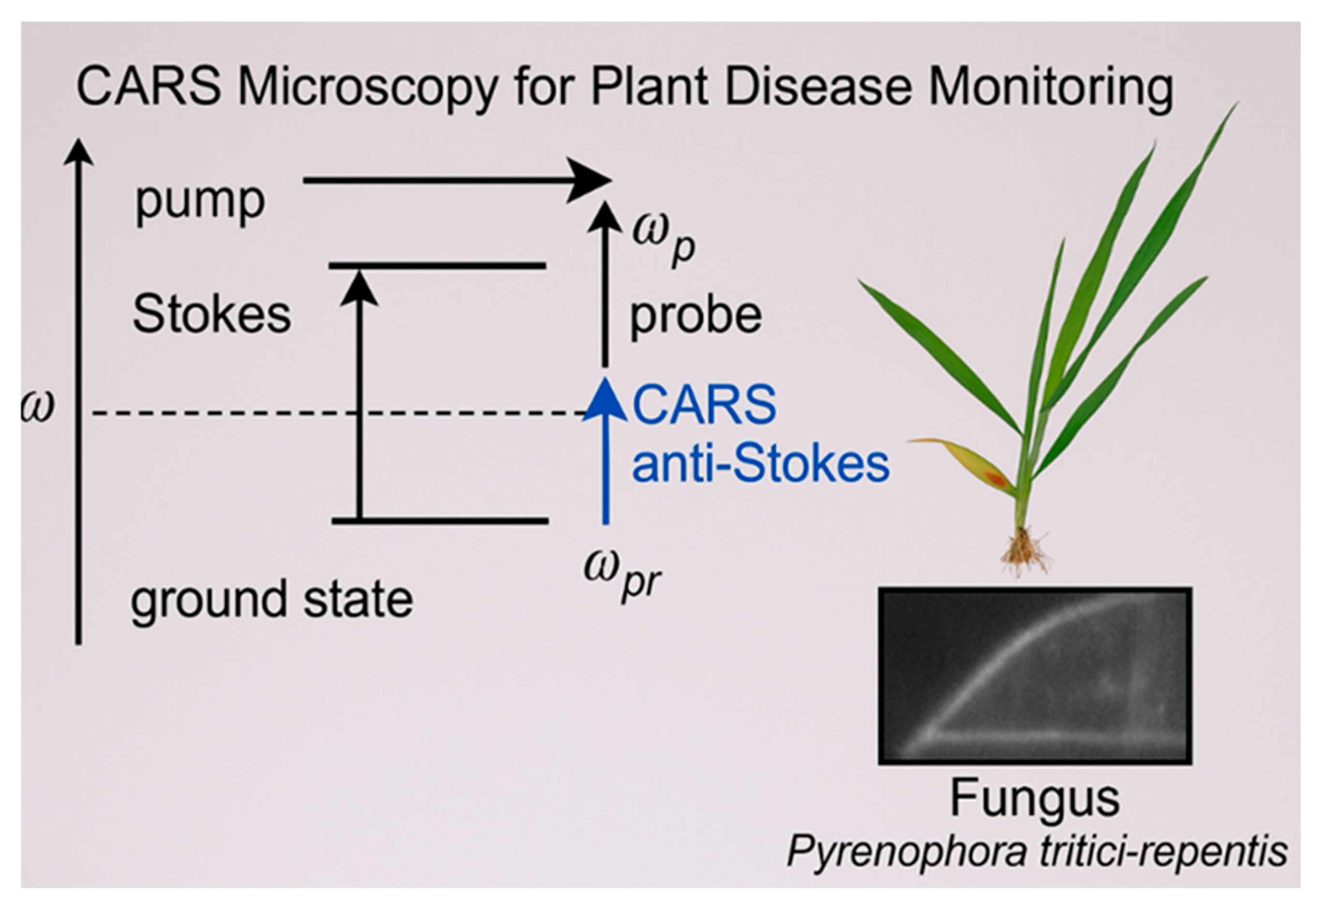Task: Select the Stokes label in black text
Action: (x=211, y=315)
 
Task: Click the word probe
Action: (x=696, y=316)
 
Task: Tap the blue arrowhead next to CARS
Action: (x=605, y=400)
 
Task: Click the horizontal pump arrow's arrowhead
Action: (x=590, y=180)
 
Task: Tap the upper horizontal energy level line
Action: (x=437, y=266)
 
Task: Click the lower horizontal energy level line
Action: (x=440, y=520)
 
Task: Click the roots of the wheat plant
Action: (x=1024, y=550)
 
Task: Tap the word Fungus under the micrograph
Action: (x=1034, y=799)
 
